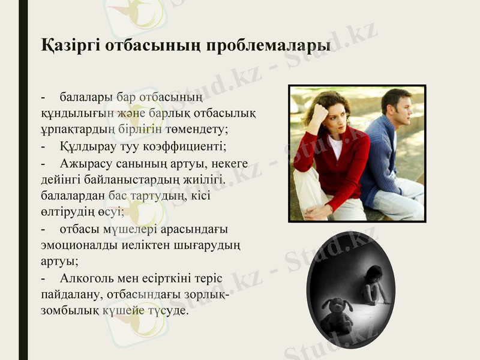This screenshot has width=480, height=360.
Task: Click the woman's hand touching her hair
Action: [x=319, y=111]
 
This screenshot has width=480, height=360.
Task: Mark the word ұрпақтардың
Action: [x=76, y=129]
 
